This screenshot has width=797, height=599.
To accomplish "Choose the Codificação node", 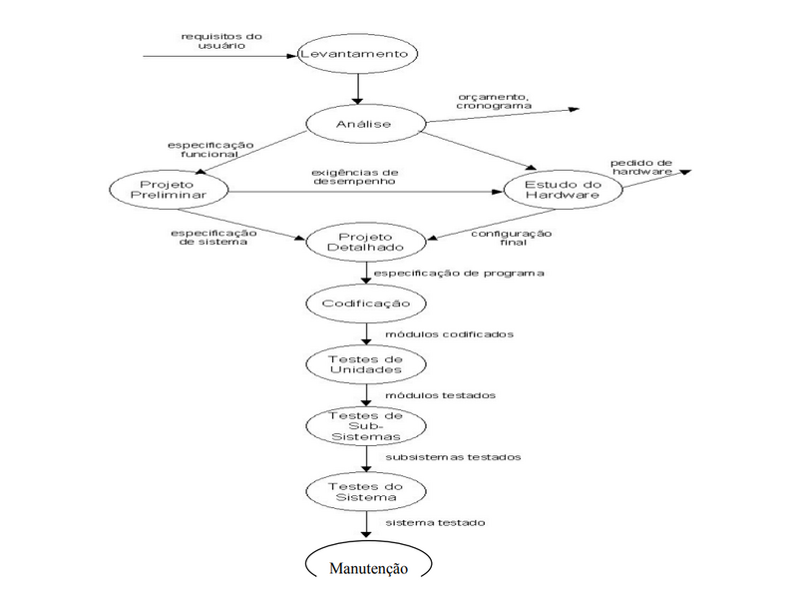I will tap(366, 302).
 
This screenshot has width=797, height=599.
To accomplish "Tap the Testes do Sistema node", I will tap(366, 490).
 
